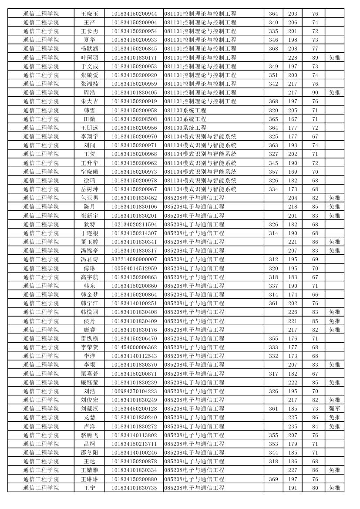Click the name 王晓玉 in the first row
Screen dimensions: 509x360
[89, 13]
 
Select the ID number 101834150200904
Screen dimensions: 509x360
[134, 22]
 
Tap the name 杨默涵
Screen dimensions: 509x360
[89, 48]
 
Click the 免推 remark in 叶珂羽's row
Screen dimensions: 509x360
[334, 57]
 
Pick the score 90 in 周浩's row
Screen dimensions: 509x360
[315, 92]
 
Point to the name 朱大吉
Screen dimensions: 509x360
[89, 101]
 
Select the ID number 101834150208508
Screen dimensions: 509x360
[134, 119]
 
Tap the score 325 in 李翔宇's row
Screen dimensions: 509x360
[273, 136]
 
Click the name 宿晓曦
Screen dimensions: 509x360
[89, 172]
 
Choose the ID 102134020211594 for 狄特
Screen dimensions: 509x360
[134, 224]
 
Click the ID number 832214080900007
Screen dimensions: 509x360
[134, 259]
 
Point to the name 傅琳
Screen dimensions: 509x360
[89, 268]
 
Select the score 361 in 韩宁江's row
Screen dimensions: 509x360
[273, 303]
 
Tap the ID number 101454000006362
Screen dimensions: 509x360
[134, 347]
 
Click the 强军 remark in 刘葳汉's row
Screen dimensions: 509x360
[334, 408]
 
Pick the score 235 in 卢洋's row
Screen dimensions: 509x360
[293, 426]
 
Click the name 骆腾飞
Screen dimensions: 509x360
[89, 435]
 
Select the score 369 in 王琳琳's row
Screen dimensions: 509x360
[273, 479]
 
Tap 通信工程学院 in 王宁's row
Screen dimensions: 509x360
[41, 488]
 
